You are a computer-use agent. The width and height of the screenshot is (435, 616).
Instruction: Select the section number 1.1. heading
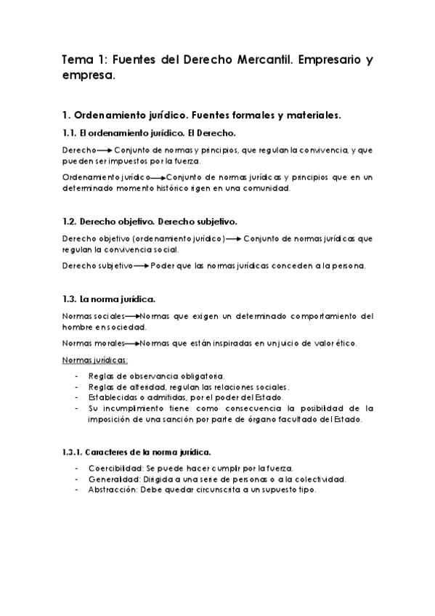pyautogui.click(x=70, y=133)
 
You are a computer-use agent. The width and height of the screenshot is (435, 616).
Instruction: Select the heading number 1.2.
pyautogui.click(x=70, y=221)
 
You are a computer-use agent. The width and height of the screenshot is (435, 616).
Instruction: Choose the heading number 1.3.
pyautogui.click(x=70, y=299)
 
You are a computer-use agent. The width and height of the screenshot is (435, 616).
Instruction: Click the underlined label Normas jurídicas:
pyautogui.click(x=96, y=360)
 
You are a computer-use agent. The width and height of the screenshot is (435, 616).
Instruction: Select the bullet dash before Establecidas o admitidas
pyautogui.click(x=77, y=397)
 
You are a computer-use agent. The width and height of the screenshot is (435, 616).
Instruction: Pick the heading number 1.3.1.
pyautogui.click(x=74, y=451)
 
